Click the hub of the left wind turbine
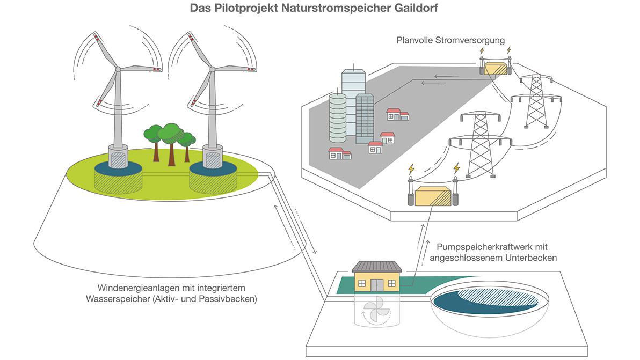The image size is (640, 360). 118,69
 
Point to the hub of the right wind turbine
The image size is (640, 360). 212,69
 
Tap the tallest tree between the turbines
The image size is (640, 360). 171,134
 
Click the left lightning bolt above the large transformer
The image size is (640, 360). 411,169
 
